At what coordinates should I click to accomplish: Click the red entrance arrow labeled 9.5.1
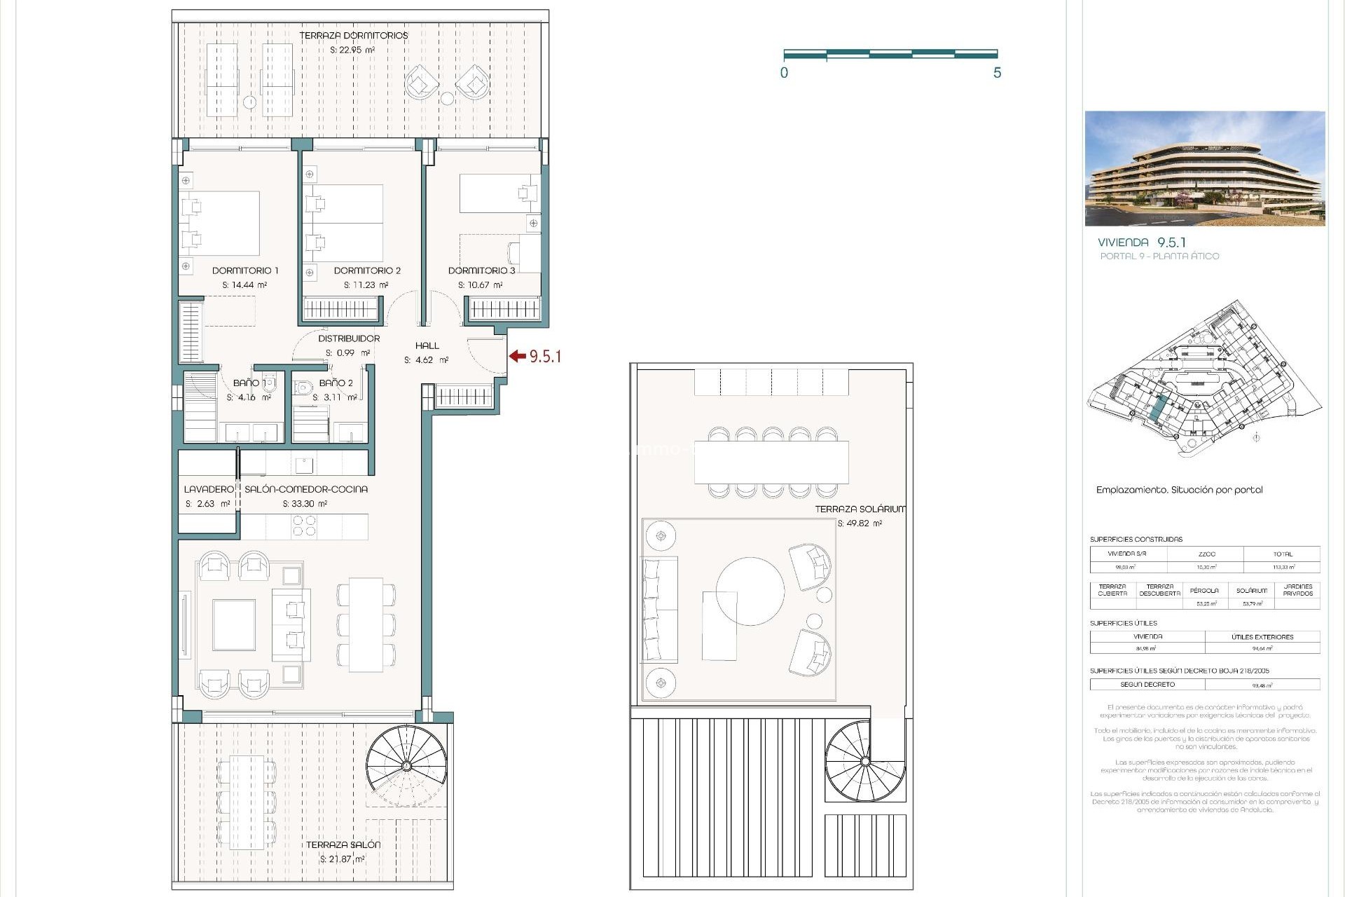coord(518,356)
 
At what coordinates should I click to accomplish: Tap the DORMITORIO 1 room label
coord(245,271)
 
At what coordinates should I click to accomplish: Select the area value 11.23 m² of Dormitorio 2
coord(366,285)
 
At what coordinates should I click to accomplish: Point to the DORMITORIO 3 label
coord(481,271)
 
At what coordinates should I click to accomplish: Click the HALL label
coord(427,345)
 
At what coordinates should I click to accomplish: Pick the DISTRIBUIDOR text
coord(349,338)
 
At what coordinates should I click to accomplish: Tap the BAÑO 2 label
coord(336,383)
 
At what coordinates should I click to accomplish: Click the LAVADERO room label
coord(208,489)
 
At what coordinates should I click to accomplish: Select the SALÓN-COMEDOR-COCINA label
coord(305,489)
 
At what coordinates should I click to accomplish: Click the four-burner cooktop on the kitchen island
coord(304,526)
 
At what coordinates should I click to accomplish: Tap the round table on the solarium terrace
coord(750,591)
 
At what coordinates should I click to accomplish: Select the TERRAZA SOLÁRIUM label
coord(860,509)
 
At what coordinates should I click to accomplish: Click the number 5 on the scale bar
coord(997,73)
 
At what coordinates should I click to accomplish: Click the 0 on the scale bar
coord(784,73)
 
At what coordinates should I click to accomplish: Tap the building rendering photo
coord(1204,168)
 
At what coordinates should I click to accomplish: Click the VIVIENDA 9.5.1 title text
coord(1142,242)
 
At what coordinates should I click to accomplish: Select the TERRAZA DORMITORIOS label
coord(353,36)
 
